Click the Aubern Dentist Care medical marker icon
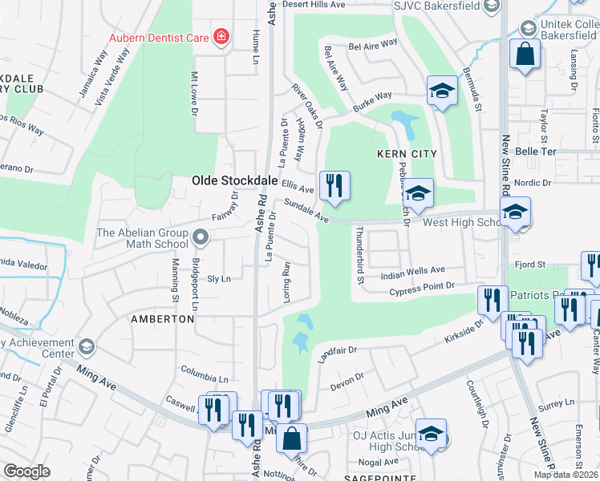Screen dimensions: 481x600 220,37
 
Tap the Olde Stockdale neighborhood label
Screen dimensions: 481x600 233,181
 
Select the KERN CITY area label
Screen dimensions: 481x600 407,153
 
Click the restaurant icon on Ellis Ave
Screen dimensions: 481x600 334,185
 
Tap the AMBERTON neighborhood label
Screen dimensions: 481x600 163,318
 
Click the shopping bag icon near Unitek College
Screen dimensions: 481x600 525,55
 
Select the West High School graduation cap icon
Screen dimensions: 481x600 514,212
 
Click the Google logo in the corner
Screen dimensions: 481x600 26,471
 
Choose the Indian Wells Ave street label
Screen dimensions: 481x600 413,272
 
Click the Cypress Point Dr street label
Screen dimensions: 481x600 422,285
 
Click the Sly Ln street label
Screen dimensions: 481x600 218,279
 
